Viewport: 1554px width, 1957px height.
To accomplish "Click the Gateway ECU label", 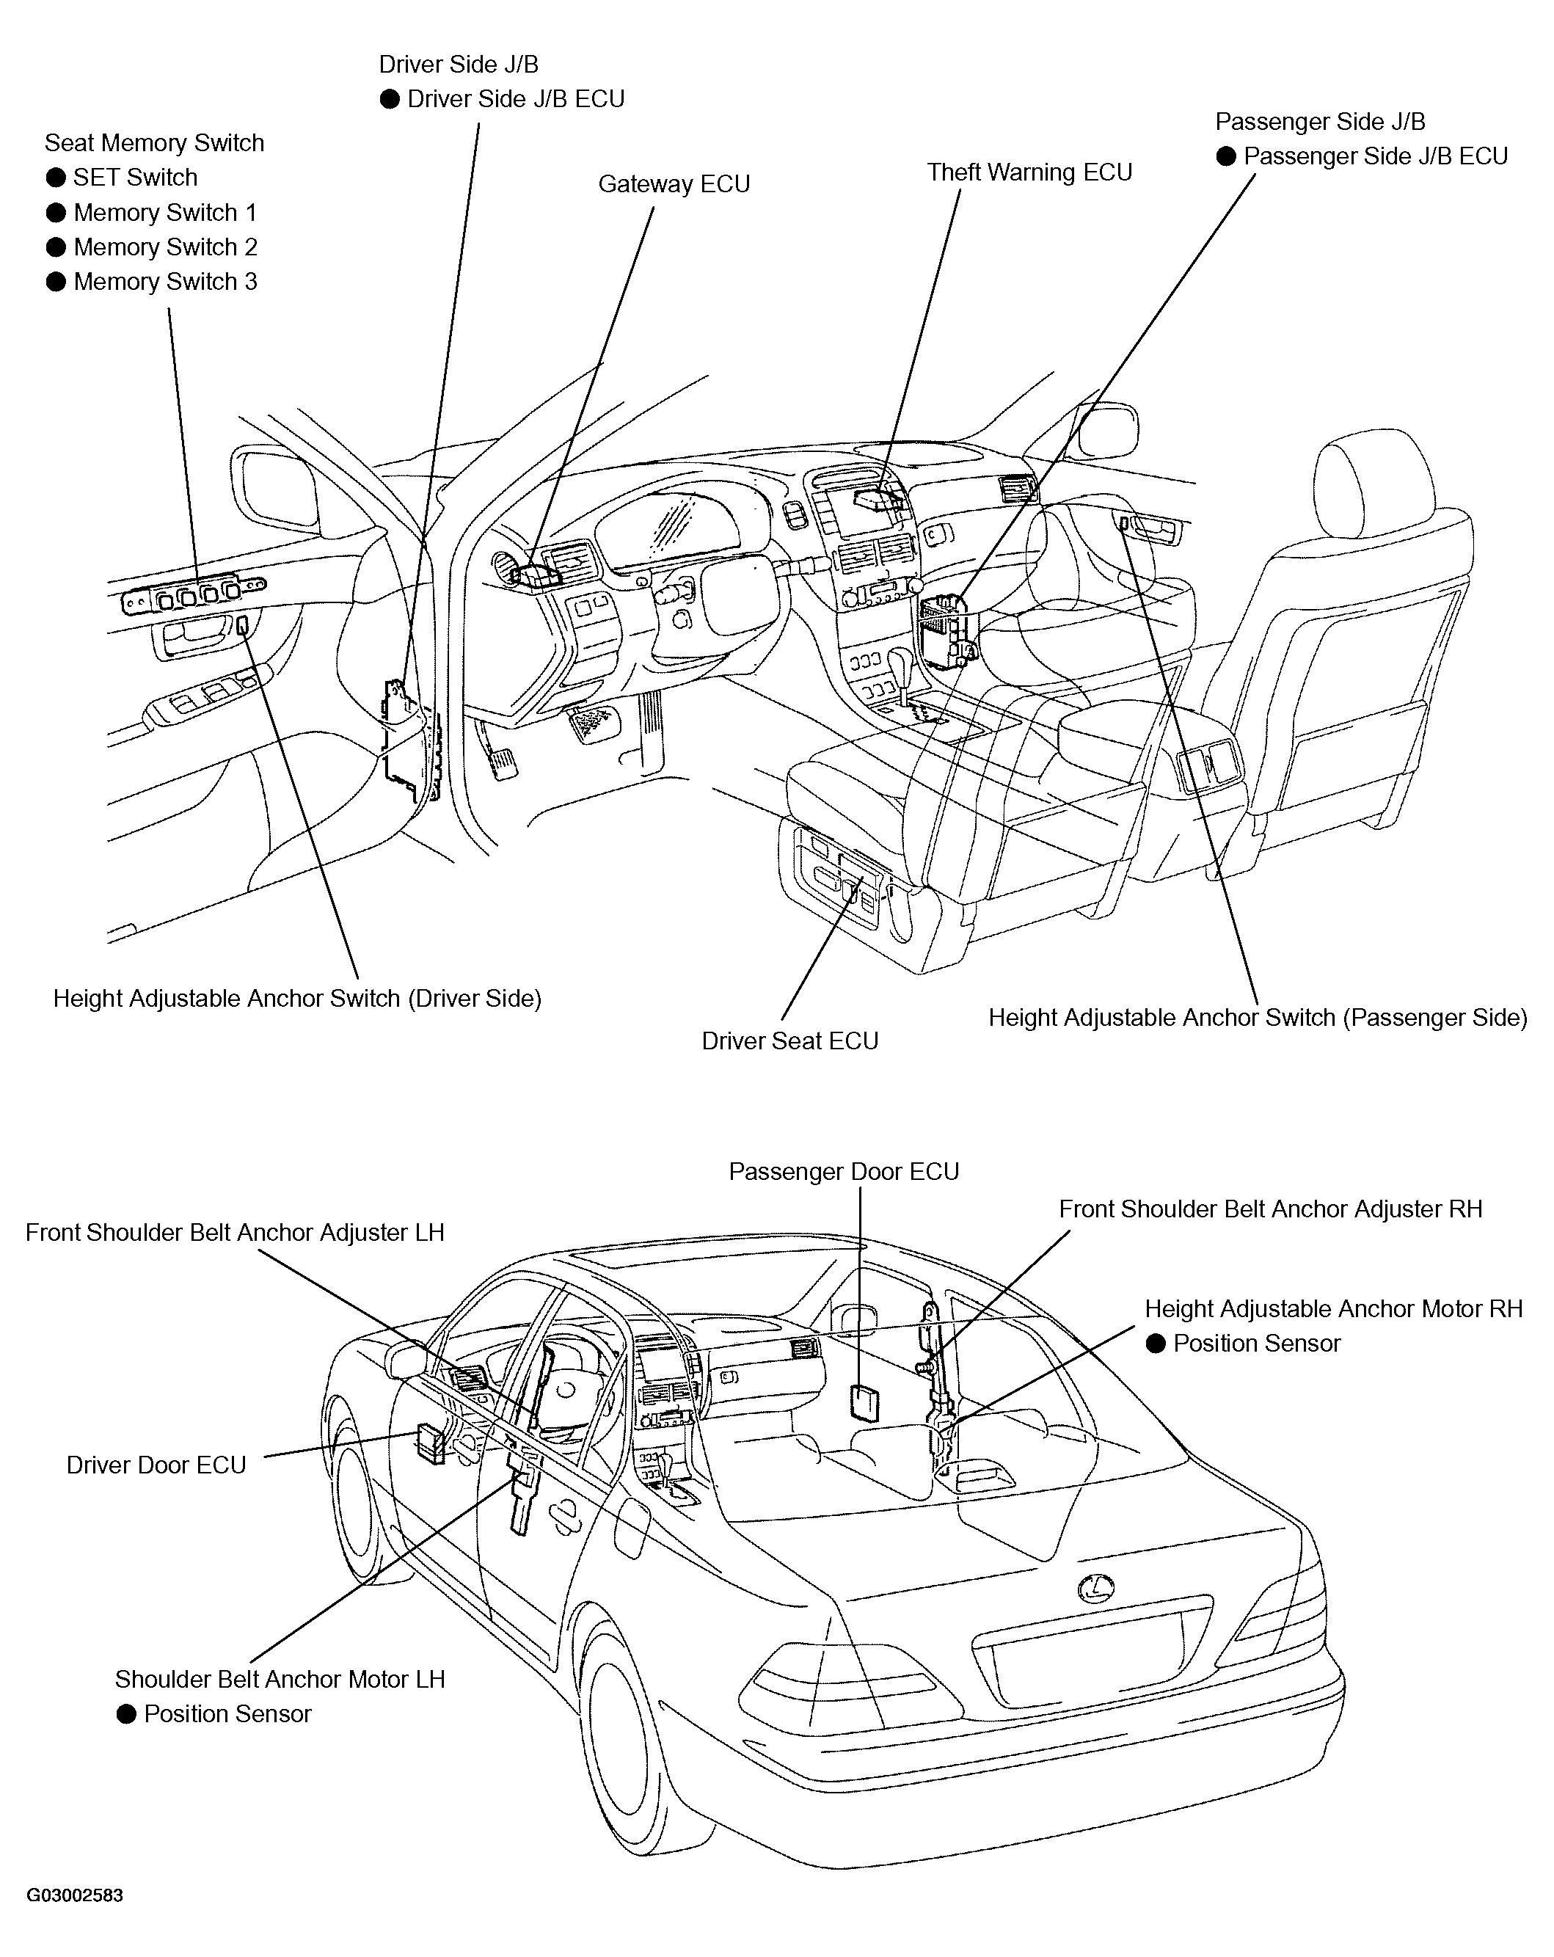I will click(674, 184).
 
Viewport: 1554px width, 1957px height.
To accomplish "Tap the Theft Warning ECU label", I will click(1029, 172).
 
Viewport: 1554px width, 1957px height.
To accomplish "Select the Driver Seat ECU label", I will click(789, 1041).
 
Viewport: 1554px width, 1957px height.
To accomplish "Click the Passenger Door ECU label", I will click(843, 1171).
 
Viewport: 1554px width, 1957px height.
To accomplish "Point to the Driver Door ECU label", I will click(156, 1465).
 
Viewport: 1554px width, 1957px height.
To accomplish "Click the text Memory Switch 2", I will click(165, 247).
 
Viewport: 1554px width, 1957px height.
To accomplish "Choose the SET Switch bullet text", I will click(135, 178).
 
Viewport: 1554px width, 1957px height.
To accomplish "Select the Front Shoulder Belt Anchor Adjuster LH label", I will click(234, 1233).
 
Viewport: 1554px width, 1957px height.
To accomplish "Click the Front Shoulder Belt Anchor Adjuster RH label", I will click(1270, 1209).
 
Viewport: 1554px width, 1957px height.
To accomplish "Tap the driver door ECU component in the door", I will click(429, 1443).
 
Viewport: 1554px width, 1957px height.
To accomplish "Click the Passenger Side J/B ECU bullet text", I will click(1375, 156).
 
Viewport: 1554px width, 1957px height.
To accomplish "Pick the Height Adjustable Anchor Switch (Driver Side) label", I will click(297, 999).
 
